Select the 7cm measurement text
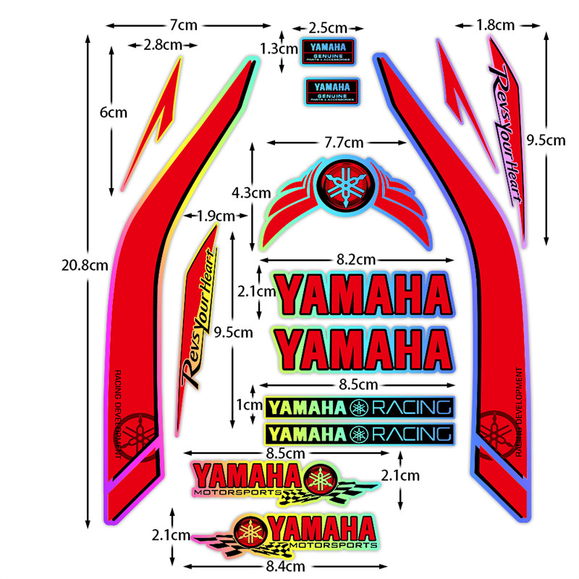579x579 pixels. pos(184,25)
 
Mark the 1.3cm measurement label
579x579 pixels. pos(278,49)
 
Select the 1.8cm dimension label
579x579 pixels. pos(496,25)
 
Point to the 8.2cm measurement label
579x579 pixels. pos(355,259)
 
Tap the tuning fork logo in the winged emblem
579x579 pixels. pos(344,183)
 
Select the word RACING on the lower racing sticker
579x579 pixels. pos(409,434)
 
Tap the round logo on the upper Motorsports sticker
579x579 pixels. pos(319,479)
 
